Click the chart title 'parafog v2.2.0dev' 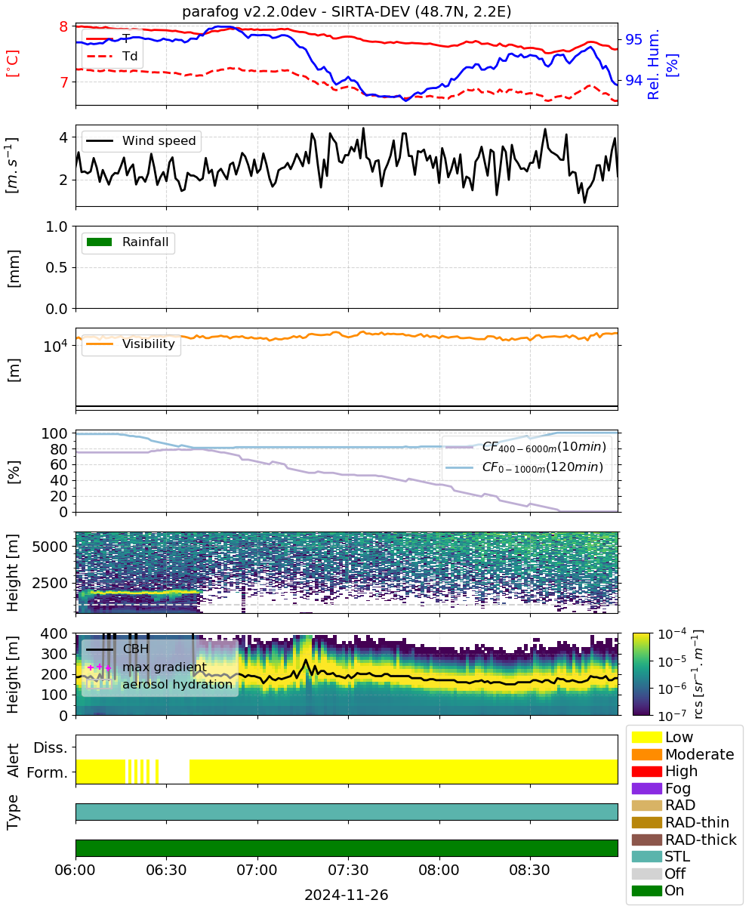[x=249, y=11]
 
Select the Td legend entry [x=112, y=57]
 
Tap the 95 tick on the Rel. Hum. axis [x=633, y=39]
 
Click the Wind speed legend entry [x=141, y=140]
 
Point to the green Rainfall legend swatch [x=100, y=242]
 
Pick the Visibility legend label [x=149, y=344]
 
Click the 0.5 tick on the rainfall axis [x=57, y=268]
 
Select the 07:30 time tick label [x=348, y=870]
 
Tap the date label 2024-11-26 [x=347, y=895]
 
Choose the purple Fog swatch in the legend [x=646, y=788]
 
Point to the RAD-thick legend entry [x=684, y=839]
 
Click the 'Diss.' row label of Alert [x=51, y=747]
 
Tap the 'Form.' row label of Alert [x=48, y=772]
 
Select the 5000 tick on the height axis [x=50, y=547]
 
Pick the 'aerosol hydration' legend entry [x=159, y=684]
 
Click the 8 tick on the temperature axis [x=63, y=26]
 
